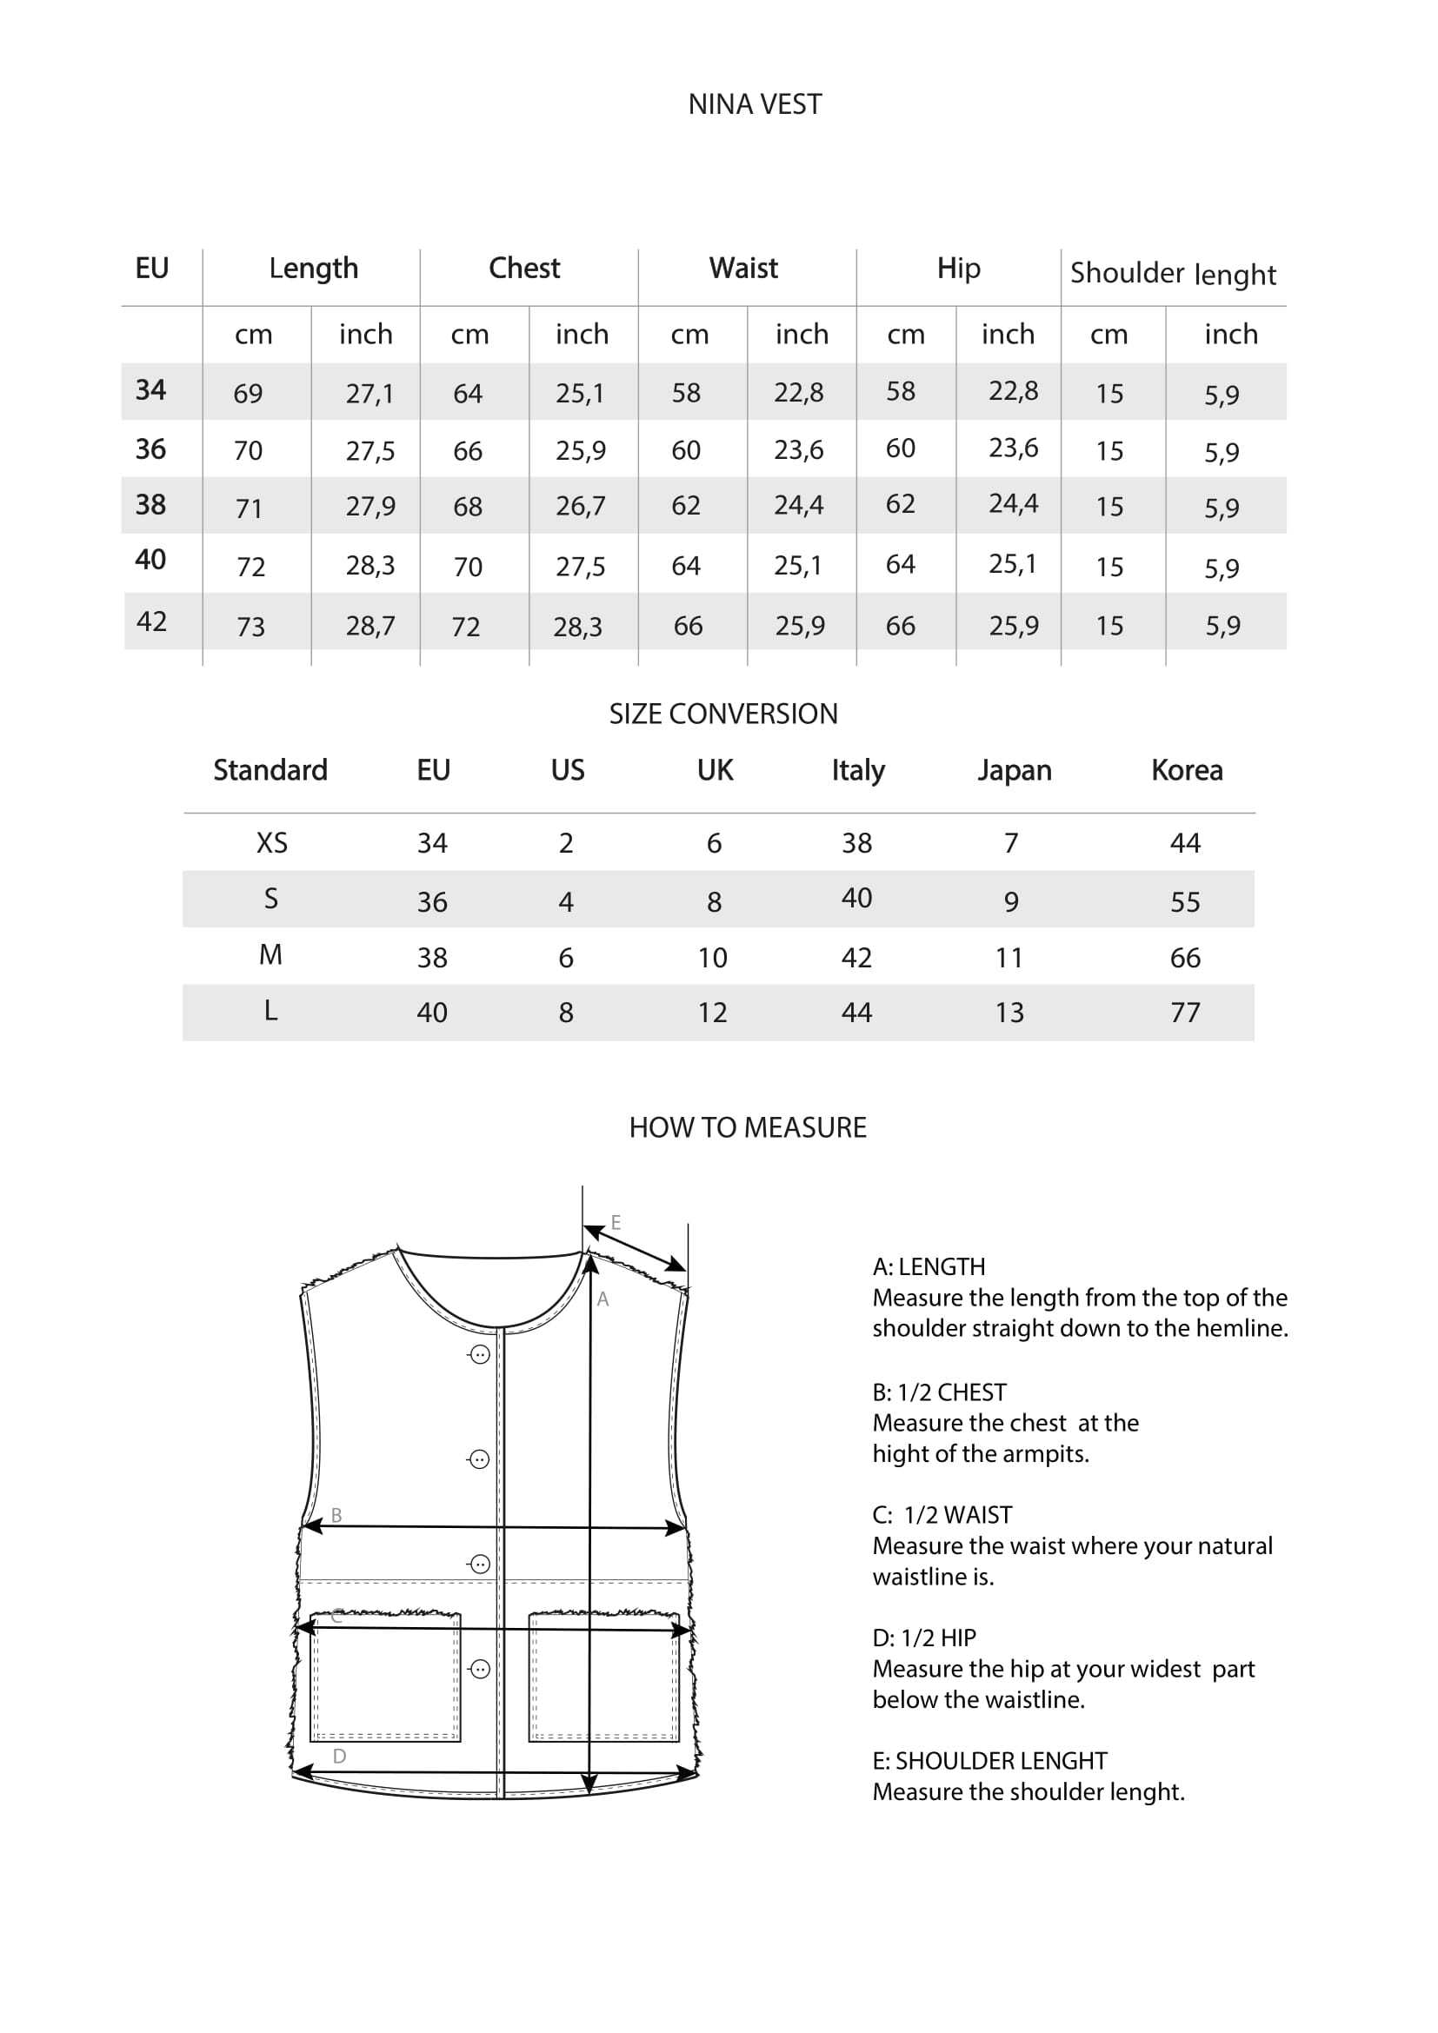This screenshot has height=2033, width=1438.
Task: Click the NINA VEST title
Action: pos(755,104)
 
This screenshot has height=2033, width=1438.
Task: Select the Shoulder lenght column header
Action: pos(1172,273)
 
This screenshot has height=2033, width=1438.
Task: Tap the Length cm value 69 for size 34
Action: pos(248,393)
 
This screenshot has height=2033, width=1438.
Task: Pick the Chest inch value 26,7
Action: pos(580,507)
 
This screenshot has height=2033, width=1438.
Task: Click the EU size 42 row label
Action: pos(151,621)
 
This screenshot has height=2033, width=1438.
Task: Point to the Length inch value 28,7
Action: pos(370,626)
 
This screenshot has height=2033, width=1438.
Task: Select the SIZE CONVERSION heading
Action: pos(722,714)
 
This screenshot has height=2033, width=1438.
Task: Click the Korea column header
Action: pos(1187,770)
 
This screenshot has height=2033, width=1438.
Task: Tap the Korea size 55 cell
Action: pos(1185,901)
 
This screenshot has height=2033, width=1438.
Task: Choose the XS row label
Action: pos(272,843)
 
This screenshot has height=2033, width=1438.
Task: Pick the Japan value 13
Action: pos(1009,1012)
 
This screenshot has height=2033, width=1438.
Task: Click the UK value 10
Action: pos(713,957)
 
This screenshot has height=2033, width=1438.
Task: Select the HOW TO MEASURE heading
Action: pos(748,1127)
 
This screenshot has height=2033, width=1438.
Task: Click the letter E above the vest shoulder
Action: pos(616,1223)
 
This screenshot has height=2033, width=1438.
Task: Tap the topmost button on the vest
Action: pos(479,1355)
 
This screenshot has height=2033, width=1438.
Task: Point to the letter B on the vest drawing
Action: pos(336,1516)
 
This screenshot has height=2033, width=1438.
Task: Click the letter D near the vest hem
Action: pos(339,1756)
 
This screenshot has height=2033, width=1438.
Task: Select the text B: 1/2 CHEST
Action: pos(939,1392)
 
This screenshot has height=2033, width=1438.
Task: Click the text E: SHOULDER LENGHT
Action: pos(989,1760)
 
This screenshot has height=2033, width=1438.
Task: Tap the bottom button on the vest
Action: pos(479,1669)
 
